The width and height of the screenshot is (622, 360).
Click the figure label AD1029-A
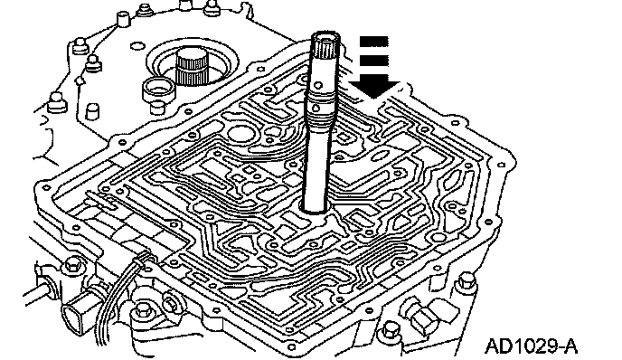pyautogui.click(x=531, y=346)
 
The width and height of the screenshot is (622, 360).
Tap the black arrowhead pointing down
pyautogui.click(x=375, y=89)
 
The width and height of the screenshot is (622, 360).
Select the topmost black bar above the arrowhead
pyautogui.click(x=373, y=41)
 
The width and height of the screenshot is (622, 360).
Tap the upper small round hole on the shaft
pyautogui.click(x=317, y=84)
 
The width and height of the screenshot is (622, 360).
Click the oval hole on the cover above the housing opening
pyautogui.click(x=137, y=45)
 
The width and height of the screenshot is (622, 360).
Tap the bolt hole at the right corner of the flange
pyautogui.click(x=501, y=165)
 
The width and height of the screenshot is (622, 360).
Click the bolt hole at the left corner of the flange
pyautogui.click(x=47, y=187)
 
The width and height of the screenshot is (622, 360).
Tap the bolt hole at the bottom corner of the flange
pyautogui.click(x=292, y=347)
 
